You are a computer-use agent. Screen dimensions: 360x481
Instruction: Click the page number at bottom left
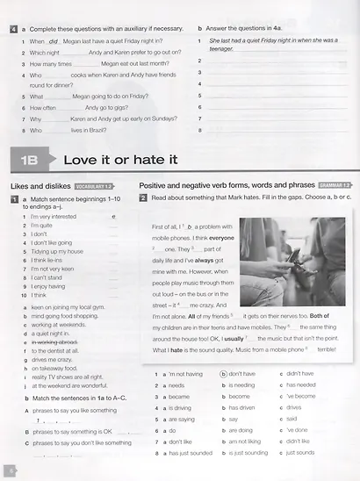[11, 470]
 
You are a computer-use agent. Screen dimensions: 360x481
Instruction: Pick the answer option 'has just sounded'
[188, 453]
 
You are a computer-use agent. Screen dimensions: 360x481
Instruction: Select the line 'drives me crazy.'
[54, 359]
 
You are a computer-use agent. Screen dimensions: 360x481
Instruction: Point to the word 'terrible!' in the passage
[328, 348]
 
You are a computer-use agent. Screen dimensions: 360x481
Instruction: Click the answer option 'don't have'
[241, 373]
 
